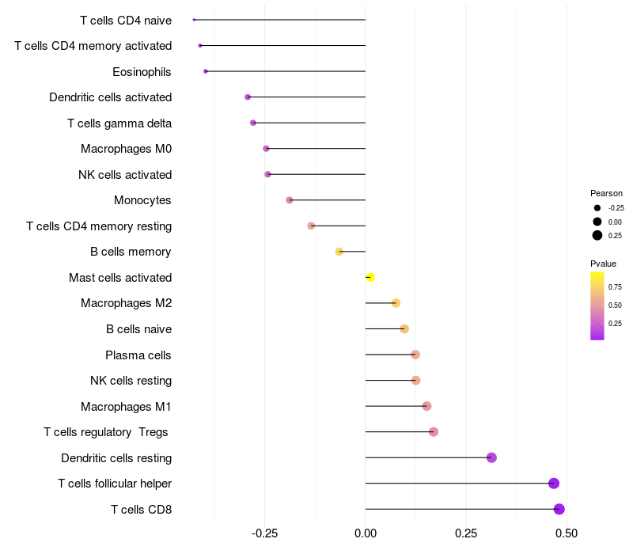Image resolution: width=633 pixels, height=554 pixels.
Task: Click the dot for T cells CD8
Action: (559, 509)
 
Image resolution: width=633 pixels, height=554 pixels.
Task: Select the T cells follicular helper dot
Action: (554, 484)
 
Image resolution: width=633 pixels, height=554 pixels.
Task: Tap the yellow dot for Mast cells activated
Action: (370, 277)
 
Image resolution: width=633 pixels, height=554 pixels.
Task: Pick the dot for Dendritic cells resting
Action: (491, 457)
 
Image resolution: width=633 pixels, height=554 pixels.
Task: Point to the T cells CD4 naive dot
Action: (194, 20)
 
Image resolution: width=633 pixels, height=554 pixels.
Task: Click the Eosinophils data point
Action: (206, 71)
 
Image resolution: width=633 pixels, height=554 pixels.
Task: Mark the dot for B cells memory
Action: (339, 252)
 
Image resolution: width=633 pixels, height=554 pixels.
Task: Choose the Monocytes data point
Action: (290, 200)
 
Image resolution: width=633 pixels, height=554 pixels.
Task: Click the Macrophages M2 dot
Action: (396, 303)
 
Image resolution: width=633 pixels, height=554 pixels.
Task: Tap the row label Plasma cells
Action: (138, 355)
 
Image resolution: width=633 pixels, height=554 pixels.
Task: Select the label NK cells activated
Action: (125, 174)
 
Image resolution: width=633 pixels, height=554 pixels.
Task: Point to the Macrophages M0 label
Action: (126, 149)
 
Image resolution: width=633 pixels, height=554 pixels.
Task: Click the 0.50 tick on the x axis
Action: (567, 533)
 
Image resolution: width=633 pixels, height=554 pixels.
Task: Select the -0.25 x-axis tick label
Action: (264, 533)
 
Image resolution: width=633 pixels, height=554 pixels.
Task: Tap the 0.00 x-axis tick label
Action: (366, 533)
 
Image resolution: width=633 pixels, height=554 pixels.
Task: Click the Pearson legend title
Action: (606, 193)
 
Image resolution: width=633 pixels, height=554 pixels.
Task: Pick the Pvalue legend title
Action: (603, 264)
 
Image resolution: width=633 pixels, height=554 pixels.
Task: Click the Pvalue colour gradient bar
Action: (597, 305)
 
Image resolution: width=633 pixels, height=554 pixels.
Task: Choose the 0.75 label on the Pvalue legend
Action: (615, 286)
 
